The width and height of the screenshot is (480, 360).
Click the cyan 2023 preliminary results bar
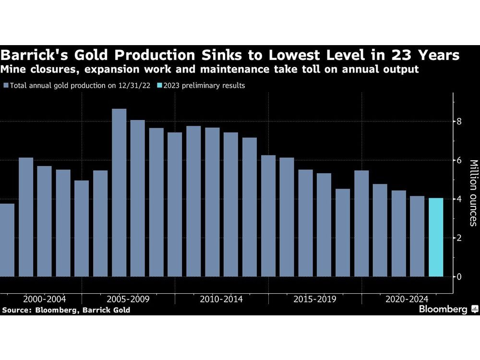pos(436,237)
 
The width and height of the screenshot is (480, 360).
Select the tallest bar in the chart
pos(119,192)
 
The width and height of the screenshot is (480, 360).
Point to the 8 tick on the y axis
pos(459,121)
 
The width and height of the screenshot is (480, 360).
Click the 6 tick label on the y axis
pos(459,160)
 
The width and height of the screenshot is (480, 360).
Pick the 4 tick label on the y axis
pos(459,199)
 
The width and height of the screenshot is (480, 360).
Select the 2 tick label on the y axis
pos(459,238)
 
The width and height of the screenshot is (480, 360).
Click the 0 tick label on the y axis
pos(459,276)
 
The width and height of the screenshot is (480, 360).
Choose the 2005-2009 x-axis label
pos(128,299)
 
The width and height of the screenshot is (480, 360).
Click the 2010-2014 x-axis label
pos(221,299)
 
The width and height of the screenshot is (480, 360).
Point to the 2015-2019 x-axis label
pos(315,299)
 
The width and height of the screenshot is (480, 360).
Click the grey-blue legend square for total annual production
pos(6,85)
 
